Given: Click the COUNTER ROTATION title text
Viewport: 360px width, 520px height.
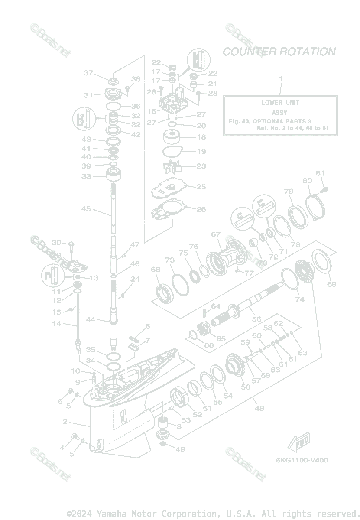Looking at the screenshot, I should [x=279, y=52].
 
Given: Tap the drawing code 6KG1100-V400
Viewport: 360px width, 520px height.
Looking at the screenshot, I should [x=302, y=460].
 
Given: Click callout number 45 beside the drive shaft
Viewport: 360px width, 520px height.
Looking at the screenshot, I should [x=86, y=209].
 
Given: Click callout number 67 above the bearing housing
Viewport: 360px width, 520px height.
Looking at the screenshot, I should [x=216, y=234].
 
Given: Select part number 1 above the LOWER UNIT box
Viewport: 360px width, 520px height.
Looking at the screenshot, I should [x=280, y=79].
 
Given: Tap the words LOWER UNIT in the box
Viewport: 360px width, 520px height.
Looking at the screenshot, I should [x=280, y=103].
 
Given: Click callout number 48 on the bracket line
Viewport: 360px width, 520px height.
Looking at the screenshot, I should [x=259, y=408].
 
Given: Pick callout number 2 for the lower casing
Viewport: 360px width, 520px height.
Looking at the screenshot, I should [x=65, y=422].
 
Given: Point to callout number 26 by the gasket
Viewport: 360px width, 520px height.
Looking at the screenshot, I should [x=201, y=209].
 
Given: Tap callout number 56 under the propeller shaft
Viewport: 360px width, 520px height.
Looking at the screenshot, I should [x=256, y=319].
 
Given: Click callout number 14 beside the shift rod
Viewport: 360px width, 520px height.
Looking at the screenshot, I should [x=57, y=323].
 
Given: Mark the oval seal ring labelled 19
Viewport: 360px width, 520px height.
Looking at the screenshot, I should [x=171, y=152].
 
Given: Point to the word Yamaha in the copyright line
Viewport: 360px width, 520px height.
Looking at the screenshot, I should [x=111, y=513].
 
